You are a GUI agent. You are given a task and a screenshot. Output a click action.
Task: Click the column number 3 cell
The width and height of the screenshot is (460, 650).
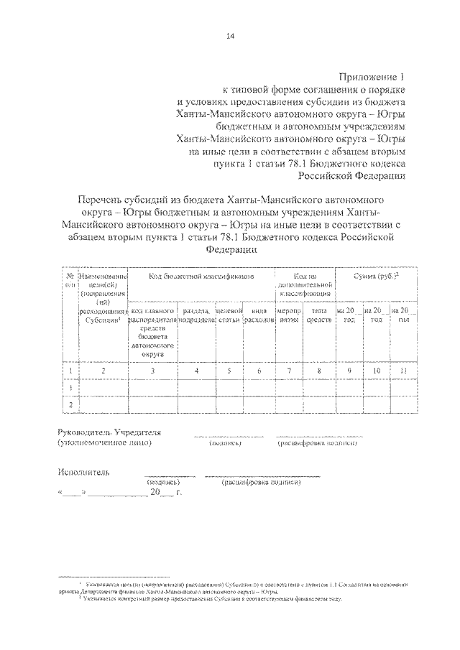tap(153, 371)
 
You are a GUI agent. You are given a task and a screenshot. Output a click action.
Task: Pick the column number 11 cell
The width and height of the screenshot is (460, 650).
tap(403, 371)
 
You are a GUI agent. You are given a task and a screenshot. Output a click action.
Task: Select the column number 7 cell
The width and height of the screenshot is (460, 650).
tap(287, 371)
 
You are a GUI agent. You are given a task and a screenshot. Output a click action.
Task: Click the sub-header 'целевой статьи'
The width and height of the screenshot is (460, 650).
tap(229, 314)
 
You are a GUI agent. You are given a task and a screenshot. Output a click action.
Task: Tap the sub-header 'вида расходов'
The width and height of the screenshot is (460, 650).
tap(259, 314)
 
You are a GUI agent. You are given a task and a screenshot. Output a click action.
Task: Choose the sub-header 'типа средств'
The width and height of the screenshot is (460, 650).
tap(318, 314)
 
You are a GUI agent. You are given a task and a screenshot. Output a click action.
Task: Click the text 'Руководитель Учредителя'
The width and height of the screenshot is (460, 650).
tap(109, 432)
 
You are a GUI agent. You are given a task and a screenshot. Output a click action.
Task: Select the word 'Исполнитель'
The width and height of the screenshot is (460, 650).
tap(83, 473)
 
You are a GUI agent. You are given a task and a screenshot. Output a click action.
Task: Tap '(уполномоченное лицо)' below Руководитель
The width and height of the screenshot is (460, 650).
tap(104, 444)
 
